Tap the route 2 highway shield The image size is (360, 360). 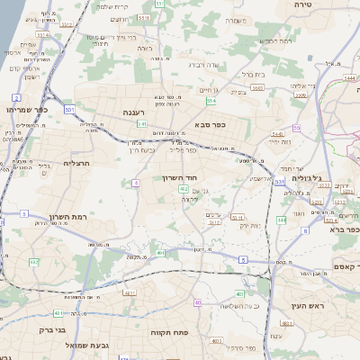[16, 95]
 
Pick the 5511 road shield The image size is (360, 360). [237, 218]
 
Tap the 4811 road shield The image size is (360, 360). [129, 292]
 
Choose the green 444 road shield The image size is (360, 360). [282, 219]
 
